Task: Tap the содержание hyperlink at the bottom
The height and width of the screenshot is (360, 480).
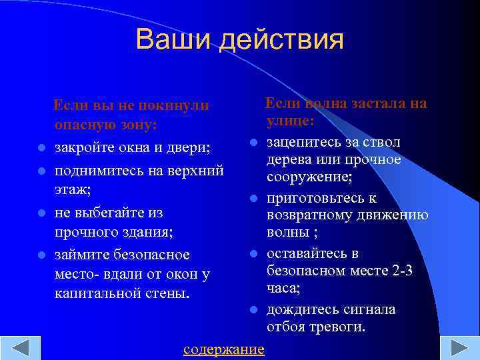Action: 224,349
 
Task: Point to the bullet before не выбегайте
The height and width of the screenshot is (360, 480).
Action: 41,213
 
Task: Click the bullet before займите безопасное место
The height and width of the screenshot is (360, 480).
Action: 41,255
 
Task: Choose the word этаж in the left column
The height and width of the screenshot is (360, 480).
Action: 72,189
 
